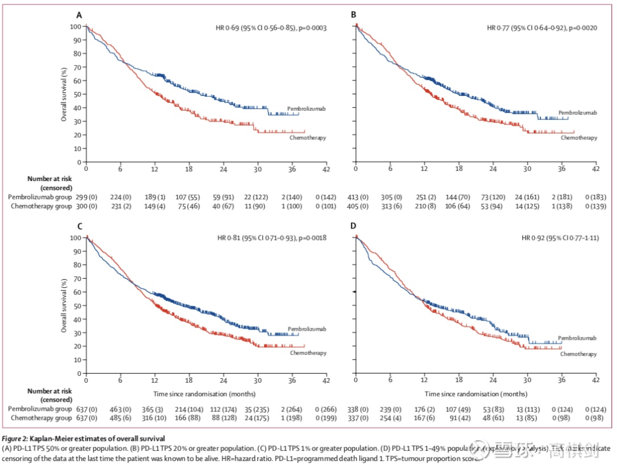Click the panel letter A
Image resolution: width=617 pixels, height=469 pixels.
pyautogui.click(x=80, y=14)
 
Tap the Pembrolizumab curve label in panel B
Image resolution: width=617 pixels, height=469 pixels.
pyautogui.click(x=577, y=113)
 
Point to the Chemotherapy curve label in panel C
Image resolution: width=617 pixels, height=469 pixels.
pyautogui.click(x=308, y=353)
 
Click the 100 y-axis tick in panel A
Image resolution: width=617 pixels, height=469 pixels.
pyautogui.click(x=76, y=27)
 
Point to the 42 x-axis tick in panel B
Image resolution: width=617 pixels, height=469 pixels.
pyautogui.click(x=595, y=169)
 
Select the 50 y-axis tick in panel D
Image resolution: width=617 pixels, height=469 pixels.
pyautogui.click(x=347, y=305)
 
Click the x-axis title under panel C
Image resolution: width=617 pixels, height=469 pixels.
pyautogui.click(x=204, y=394)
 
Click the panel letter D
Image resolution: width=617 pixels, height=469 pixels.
pyautogui.click(x=354, y=226)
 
